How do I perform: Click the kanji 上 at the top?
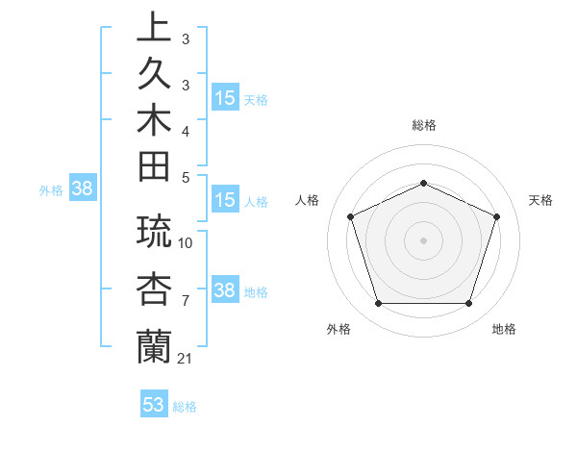154,26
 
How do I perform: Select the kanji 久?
154,73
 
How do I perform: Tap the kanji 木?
154,120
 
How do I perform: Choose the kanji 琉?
154,232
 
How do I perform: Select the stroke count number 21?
187,358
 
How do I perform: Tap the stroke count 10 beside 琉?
187,242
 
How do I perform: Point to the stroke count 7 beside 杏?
186,301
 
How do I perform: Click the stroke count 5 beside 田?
186,177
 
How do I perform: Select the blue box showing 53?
154,404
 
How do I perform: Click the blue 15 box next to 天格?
225,98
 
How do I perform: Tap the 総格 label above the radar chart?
424,125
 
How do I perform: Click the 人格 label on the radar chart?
308,200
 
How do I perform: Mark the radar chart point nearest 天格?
497,216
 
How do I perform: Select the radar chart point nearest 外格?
378,304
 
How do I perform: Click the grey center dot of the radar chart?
423,240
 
